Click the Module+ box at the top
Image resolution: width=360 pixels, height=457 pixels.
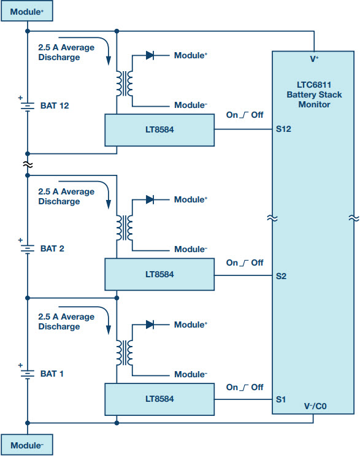click(x=27, y=11)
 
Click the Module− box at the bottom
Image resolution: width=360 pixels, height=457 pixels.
click(x=27, y=445)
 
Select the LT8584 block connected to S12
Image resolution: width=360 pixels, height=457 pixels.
click(x=159, y=130)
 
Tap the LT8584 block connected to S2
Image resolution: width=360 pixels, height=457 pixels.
click(x=159, y=274)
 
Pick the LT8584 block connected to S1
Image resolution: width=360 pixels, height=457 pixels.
click(x=159, y=399)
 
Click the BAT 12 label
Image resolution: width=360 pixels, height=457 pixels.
click(x=55, y=106)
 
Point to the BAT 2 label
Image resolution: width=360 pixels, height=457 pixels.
click(x=52, y=248)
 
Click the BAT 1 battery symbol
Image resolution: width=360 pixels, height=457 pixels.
click(x=28, y=374)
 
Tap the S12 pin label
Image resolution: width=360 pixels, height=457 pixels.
click(x=283, y=129)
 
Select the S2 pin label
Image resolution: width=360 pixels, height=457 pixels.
click(x=281, y=276)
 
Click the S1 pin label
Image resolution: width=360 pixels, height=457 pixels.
click(x=281, y=399)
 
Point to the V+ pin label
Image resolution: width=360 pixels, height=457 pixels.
click(x=314, y=59)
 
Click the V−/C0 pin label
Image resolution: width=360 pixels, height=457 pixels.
click(x=315, y=406)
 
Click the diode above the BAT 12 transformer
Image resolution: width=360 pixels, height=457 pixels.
click(x=150, y=55)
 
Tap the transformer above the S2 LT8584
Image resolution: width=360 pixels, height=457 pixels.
click(x=124, y=228)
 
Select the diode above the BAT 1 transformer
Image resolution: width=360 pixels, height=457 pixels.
click(x=150, y=325)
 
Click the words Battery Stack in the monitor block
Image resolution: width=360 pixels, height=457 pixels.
click(x=314, y=94)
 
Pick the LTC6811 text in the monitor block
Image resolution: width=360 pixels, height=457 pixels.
click(x=314, y=85)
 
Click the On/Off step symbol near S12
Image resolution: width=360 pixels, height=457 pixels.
click(x=244, y=115)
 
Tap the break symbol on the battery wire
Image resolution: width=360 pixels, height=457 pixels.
click(x=28, y=165)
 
